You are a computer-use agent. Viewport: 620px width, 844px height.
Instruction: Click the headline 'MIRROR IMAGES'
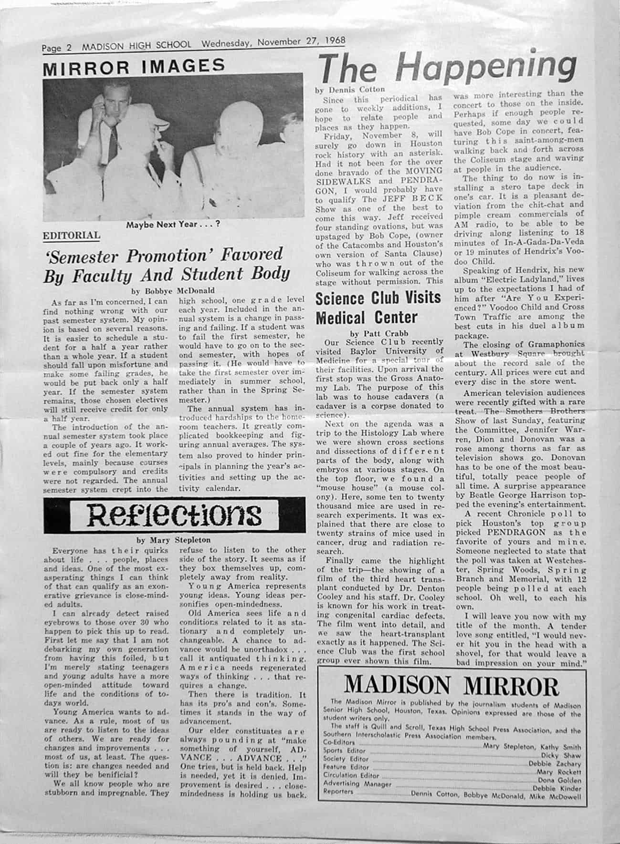click(134, 66)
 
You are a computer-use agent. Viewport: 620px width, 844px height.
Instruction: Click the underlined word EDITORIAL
click(72, 235)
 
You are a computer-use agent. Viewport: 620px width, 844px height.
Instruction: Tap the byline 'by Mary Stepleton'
click(173, 540)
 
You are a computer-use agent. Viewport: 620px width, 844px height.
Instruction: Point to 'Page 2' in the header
click(56, 47)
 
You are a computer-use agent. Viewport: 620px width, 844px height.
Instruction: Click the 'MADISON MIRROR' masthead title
click(451, 686)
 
